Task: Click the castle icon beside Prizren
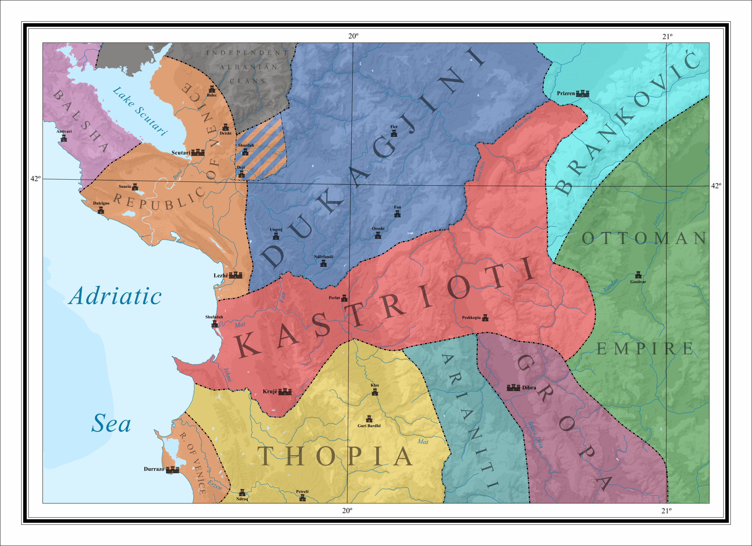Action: (582, 93)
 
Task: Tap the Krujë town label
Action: (270, 391)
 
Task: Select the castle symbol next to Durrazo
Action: (172, 469)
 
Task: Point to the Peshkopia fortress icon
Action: (485, 318)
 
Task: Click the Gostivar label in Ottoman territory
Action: (638, 282)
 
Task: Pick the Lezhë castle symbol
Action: (235, 275)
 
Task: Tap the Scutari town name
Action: (180, 153)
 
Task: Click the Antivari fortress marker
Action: (64, 138)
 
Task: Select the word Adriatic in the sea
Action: (115, 296)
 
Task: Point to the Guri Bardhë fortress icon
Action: (369, 419)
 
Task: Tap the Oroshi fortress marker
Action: (378, 235)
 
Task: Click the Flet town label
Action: (394, 127)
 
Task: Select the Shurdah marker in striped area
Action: (245, 152)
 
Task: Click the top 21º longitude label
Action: (667, 37)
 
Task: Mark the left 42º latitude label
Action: (36, 178)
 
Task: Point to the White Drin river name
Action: (523, 123)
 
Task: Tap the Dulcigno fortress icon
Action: (101, 210)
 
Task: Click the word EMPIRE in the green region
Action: (644, 349)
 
